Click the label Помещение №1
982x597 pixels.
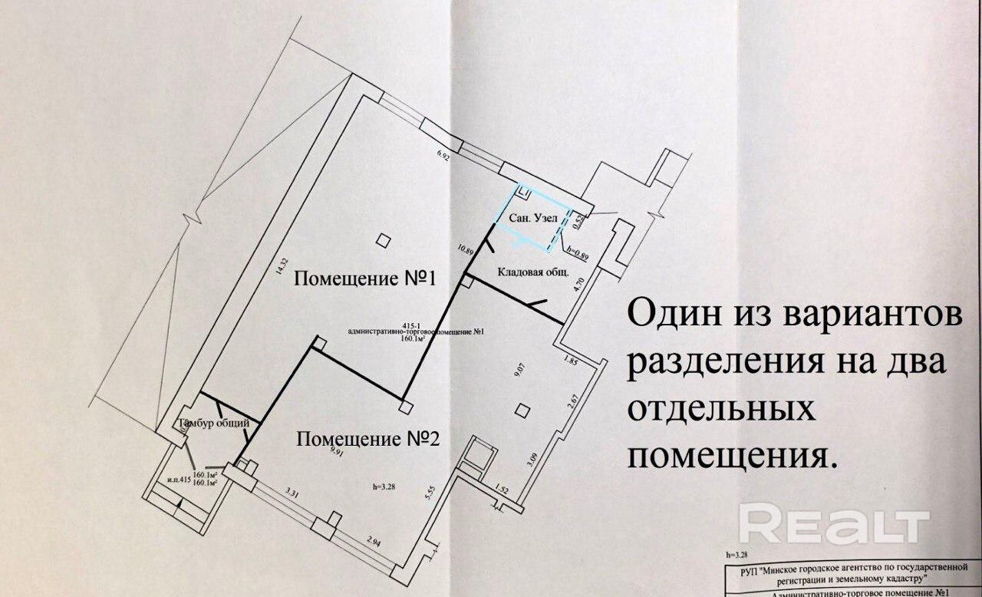[365, 279]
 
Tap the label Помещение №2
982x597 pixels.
[367, 440]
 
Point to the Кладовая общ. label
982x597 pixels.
[536, 271]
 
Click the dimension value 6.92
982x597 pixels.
[443, 156]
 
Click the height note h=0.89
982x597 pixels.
[575, 252]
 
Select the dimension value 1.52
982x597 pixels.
[503, 489]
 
